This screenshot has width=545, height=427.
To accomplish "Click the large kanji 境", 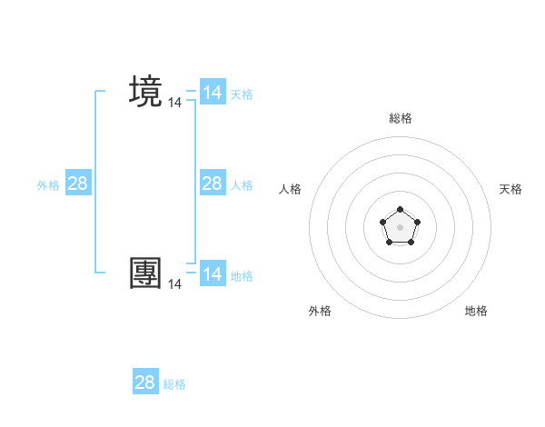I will point(146,93).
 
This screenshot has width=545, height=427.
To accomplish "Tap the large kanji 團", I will point(146,273).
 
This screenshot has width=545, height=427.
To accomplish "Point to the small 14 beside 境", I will point(175,104).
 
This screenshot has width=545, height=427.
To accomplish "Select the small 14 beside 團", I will point(175,284).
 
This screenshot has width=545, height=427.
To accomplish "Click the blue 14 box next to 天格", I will point(212,93).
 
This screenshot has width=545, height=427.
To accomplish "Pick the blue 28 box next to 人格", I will point(212,184).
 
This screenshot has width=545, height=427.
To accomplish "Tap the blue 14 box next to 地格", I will point(212,274).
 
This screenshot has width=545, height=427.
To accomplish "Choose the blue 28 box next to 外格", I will point(77,184).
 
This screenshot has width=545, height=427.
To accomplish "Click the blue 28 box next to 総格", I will point(145,382).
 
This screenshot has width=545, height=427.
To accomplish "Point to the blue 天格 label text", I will point(241,94).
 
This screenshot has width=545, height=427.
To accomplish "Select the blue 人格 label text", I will point(241,185).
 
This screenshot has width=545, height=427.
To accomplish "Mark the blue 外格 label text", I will point(48,185).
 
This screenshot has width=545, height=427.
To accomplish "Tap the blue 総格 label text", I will point(174,384).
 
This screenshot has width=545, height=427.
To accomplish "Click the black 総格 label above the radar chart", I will point(401,118).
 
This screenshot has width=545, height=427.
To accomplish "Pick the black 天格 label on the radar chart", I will point(511,189).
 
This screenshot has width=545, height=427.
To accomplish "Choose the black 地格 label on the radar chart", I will point(476,311).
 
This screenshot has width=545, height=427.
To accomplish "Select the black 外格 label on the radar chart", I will point(320,311).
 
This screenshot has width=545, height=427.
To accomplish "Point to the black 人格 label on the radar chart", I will point(291,189).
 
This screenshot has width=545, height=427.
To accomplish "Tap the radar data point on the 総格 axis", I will point(401,210).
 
